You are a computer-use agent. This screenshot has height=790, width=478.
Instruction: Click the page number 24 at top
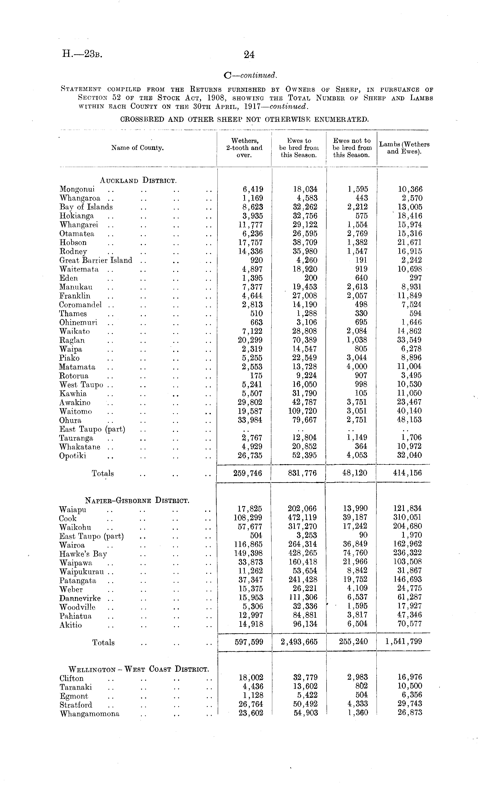249,55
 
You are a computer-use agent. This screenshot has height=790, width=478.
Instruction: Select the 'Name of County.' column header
137,148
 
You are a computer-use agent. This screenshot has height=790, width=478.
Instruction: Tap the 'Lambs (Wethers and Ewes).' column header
404,148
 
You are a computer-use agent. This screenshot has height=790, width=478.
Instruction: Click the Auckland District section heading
138,180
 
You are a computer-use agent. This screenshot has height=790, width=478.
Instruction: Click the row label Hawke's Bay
83,554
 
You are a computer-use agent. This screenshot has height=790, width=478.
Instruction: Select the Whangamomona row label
89,714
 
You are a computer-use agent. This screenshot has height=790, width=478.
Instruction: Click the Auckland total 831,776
302,473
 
